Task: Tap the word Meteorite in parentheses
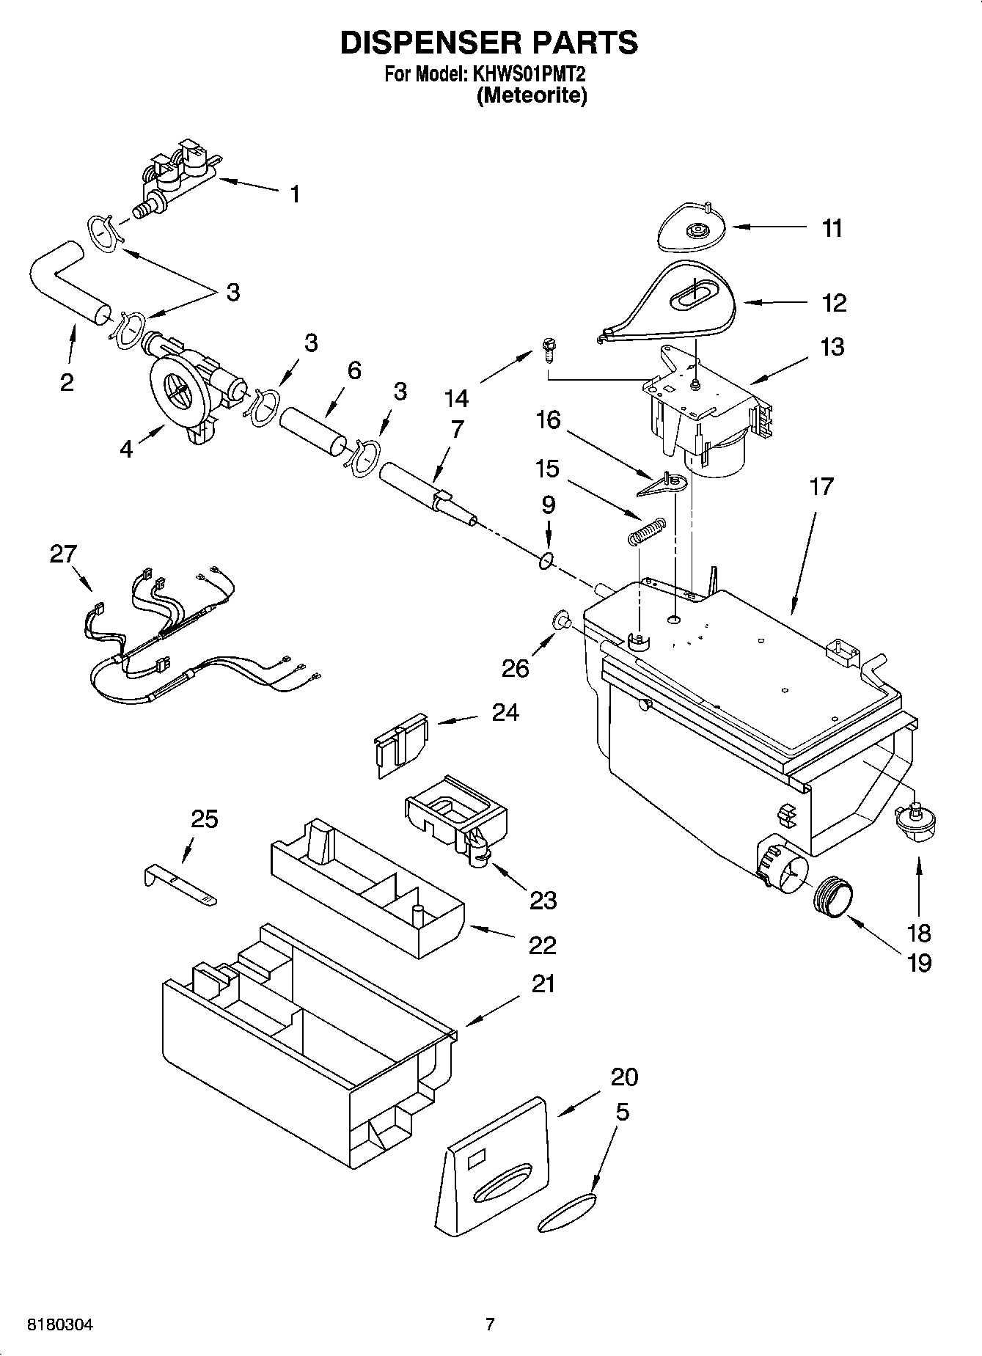coord(532,96)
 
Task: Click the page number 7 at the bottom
coord(490,1324)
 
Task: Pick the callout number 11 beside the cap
coord(831,228)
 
